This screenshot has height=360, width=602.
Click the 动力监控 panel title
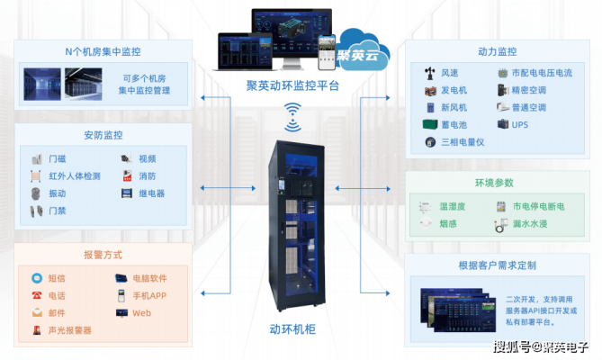[498, 51]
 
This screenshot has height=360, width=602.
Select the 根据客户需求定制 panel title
[498, 267]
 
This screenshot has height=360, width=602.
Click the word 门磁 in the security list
[57, 159]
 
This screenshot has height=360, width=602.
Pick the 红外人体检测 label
[75, 176]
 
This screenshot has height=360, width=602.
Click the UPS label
[520, 124]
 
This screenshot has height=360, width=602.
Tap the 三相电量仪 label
[463, 141]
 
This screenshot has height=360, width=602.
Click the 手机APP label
[149, 296]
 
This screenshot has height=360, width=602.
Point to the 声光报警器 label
[69, 330]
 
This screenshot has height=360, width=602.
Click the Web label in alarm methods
[141, 313]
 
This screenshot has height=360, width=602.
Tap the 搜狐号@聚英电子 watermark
[540, 346]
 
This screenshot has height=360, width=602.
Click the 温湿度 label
[452, 207]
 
